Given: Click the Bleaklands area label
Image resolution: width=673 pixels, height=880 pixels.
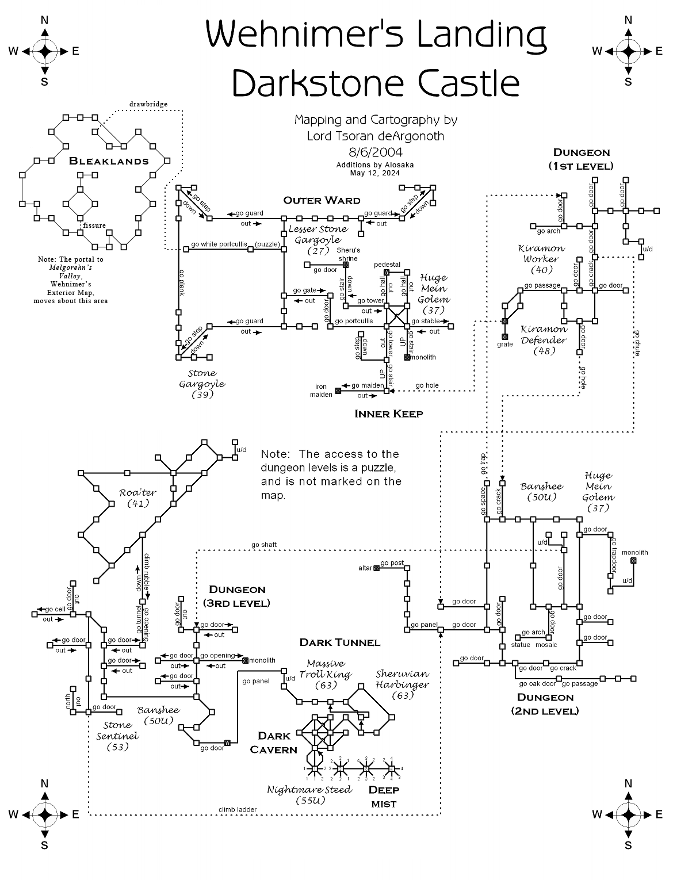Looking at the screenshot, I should tap(109, 161).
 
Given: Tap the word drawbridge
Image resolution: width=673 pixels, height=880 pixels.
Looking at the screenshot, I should tap(148, 104).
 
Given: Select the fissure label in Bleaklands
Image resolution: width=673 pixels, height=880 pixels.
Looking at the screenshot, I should tap(94, 225).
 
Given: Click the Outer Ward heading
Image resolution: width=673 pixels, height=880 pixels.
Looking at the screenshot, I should tap(322, 200).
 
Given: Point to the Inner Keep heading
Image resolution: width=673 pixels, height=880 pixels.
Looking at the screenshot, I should tap(389, 414).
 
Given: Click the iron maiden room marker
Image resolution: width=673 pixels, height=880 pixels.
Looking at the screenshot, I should tap(338, 391).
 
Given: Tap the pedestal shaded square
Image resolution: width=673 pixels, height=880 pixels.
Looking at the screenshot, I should tap(387, 272).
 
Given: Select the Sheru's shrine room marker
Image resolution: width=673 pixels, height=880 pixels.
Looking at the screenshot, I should tap(346, 264).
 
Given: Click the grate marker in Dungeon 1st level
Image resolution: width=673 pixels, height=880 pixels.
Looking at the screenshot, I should tap(504, 336).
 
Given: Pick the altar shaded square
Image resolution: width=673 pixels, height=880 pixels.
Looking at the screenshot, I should tap(376, 568).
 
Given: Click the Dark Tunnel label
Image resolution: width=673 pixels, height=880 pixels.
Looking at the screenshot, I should tap(339, 642).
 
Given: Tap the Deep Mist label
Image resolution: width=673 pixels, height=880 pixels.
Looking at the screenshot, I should tap(384, 797).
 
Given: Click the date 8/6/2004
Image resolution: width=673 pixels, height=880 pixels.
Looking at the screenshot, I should tap(375, 152).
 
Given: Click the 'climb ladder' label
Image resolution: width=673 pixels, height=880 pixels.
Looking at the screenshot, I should tap(237, 809).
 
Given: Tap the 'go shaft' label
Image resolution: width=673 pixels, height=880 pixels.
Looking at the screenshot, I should tap(264, 545).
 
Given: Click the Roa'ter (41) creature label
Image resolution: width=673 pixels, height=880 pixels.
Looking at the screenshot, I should tap(137, 498).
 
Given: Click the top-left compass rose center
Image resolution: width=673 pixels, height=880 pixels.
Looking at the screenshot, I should tap(44, 52).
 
